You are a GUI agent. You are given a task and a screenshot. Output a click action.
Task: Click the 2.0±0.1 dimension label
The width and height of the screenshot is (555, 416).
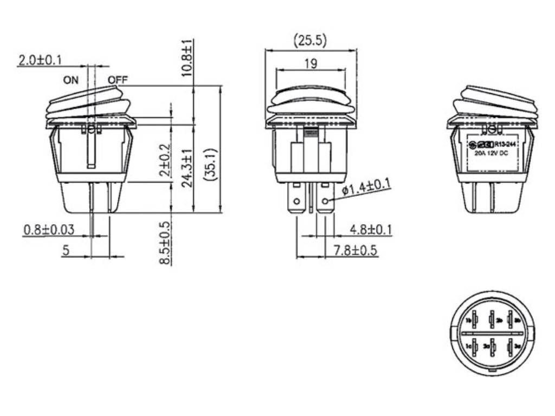[x=40, y=60]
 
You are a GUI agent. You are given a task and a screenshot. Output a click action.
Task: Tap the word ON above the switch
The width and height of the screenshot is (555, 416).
[x=70, y=80]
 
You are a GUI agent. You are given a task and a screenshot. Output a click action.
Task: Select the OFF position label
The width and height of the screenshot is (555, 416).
[x=117, y=80]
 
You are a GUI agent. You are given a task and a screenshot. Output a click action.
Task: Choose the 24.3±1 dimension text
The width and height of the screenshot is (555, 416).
[x=187, y=168]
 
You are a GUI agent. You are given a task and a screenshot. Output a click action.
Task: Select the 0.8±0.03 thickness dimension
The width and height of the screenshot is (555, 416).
[x=49, y=230]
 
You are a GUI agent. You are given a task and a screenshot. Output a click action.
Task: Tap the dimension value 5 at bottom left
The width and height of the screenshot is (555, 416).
[x=66, y=251]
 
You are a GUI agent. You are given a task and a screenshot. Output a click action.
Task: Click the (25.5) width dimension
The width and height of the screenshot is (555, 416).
[x=310, y=41]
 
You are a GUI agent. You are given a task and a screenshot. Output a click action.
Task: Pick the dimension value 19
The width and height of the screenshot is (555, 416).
[x=310, y=64]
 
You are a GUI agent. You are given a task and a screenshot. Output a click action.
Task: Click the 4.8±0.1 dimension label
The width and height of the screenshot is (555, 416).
[x=371, y=230]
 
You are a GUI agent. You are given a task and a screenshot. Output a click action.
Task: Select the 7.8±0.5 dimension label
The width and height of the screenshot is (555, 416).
[x=356, y=250]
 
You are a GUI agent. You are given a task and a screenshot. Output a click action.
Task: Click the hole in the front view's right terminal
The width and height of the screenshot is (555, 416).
[x=325, y=202]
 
